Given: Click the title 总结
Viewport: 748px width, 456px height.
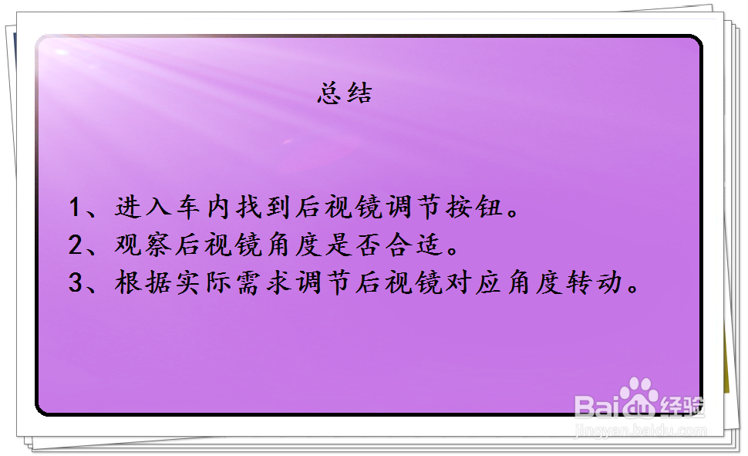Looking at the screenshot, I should [344, 93].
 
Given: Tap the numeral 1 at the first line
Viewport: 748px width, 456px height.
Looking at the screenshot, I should [75, 208].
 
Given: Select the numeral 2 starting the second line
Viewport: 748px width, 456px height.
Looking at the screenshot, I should [75, 245].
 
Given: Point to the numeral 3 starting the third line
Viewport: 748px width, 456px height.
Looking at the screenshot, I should [75, 283].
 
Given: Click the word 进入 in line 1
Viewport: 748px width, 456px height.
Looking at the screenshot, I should [139, 208].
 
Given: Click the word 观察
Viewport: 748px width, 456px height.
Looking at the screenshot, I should [139, 245].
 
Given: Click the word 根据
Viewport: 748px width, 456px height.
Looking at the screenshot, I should [139, 283].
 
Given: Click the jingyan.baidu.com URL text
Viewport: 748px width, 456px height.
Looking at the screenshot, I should [641, 430].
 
